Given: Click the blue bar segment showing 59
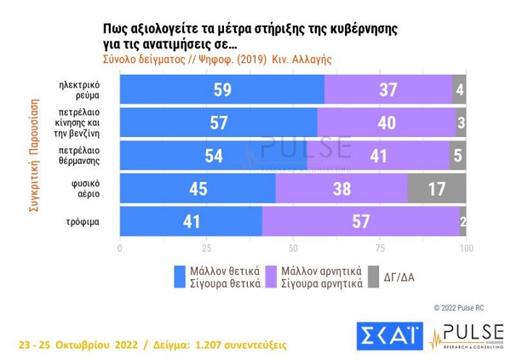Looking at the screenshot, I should [x=221, y=89].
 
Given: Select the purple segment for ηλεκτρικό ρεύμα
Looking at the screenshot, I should [x=388, y=89].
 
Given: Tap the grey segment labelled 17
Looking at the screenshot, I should [x=437, y=189].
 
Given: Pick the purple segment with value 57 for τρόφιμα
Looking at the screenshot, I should [x=360, y=221].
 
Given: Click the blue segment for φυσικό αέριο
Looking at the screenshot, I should [x=198, y=189].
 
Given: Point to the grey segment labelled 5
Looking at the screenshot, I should [x=457, y=156].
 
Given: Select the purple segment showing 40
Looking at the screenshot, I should [x=386, y=123].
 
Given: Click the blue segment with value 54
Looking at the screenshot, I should [x=213, y=156].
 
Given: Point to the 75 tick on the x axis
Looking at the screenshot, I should [x=380, y=249].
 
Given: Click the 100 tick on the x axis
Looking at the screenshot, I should [x=466, y=249].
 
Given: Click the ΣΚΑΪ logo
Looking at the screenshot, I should [x=388, y=334].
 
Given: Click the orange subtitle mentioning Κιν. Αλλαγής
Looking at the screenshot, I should [x=216, y=60].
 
